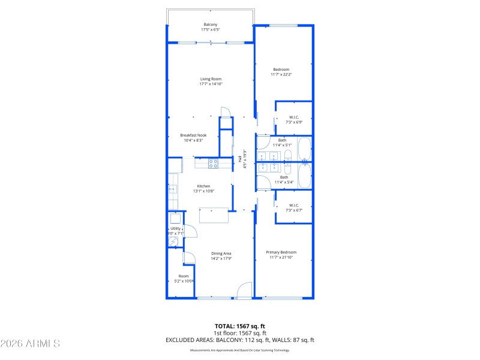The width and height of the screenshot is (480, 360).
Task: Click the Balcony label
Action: coord(210,25)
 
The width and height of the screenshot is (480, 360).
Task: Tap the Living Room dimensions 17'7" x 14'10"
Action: coord(211,84)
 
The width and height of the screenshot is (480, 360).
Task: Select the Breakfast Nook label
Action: coord(193,136)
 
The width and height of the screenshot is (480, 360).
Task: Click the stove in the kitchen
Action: coord(213,163)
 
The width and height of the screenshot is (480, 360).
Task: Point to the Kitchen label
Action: coord(204,186)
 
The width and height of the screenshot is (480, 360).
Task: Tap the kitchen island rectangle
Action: coord(214,215)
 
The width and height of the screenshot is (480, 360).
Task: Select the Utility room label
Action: coord(175,229)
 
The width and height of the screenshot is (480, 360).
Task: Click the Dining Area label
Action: coord(221,253)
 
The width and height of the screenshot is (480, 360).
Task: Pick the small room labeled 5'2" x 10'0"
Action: coord(175,278)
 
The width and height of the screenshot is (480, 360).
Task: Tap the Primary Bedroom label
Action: coord(281,253)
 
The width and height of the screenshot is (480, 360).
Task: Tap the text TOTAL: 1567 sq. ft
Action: coord(240,326)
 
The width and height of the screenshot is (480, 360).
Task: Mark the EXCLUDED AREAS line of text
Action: coord(240,340)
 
